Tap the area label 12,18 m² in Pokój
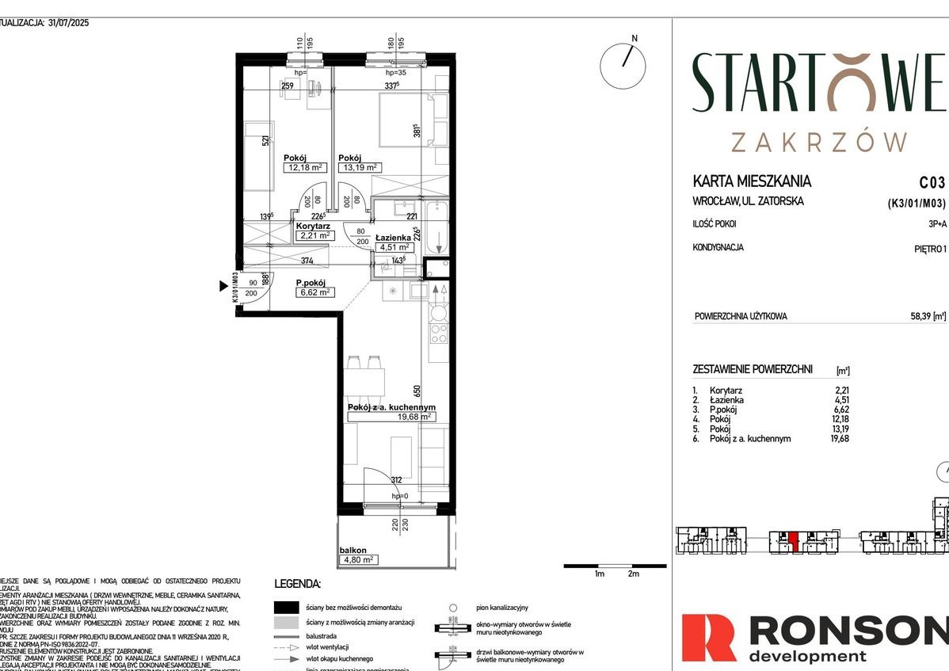306,167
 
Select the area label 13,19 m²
360,167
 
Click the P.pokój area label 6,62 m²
314,292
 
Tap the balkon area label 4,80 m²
356,559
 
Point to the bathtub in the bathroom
436,229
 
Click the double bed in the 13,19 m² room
406,120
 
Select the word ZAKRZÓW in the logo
818,142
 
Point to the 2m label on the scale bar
632,574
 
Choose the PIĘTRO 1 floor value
929,249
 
